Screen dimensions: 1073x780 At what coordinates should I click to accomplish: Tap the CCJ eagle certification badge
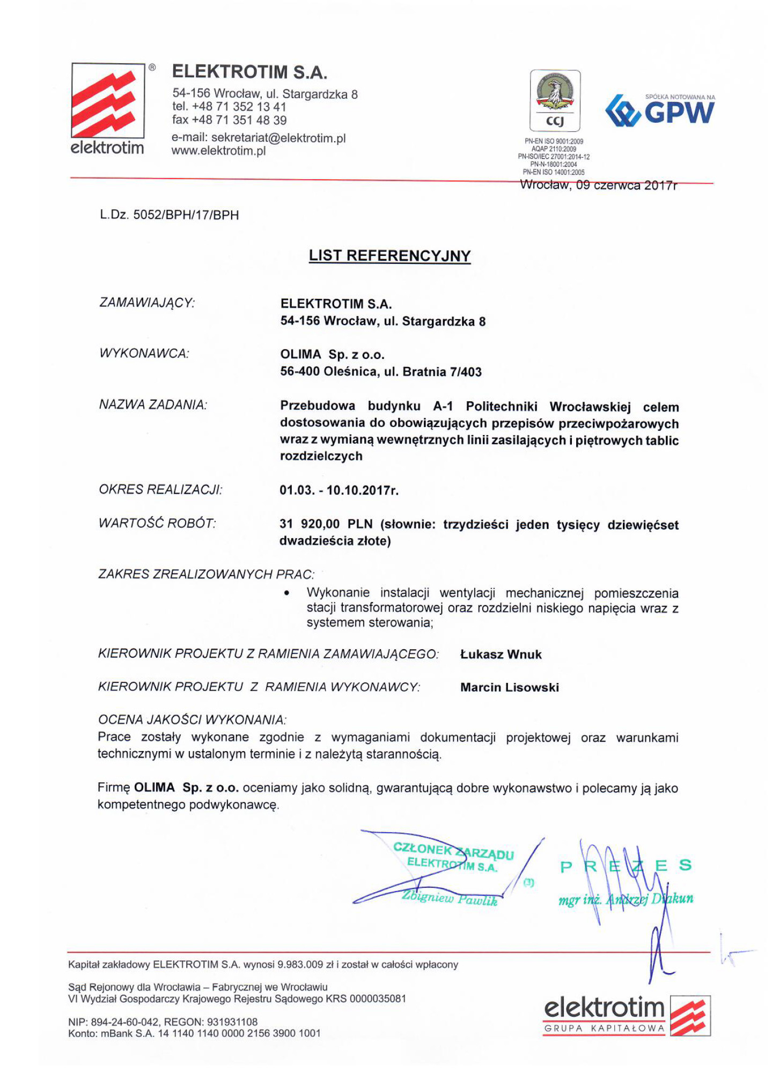(x=555, y=100)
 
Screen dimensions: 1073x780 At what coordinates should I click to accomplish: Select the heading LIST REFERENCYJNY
(x=389, y=255)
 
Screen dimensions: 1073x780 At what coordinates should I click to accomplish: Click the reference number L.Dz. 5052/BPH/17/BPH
(x=169, y=215)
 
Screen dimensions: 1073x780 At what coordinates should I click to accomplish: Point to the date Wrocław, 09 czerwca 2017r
(x=598, y=186)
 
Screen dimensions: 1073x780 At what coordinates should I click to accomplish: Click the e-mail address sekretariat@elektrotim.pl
(x=278, y=138)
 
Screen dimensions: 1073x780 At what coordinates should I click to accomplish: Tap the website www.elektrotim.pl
(x=218, y=151)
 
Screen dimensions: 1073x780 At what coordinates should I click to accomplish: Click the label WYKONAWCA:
(x=144, y=354)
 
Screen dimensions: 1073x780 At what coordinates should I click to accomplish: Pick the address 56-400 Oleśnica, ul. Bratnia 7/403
(x=381, y=372)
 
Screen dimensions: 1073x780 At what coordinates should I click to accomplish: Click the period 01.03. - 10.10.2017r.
(x=339, y=490)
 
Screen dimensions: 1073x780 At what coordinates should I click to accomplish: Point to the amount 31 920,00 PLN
(x=326, y=524)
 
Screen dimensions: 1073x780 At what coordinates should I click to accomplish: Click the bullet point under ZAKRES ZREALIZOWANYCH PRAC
(x=287, y=593)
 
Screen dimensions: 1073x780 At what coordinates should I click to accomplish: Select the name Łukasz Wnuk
(x=501, y=655)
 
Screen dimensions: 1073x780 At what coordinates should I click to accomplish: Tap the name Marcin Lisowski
(x=509, y=687)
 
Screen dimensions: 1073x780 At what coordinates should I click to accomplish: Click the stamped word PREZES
(x=626, y=866)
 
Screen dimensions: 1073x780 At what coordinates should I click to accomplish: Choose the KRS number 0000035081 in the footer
(x=378, y=999)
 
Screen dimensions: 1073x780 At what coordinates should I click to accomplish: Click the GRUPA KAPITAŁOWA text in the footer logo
(x=604, y=1028)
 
